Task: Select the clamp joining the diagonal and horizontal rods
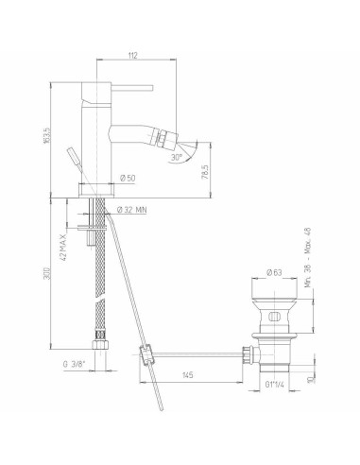coord(145,356)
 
